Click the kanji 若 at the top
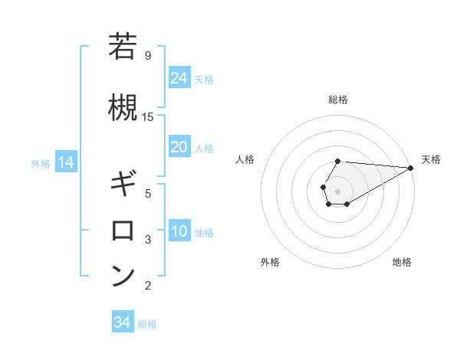[123, 47]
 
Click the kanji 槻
[123, 107]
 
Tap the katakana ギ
[123, 185]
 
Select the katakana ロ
[123, 231]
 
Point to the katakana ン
[123, 277]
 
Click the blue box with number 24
[179, 77]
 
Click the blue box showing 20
[179, 147]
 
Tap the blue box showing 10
[179, 231]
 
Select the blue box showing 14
[65, 162]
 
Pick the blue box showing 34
[122, 322]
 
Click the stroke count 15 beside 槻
[148, 116]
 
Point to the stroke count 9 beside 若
[147, 55]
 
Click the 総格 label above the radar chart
[337, 100]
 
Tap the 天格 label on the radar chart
[431, 159]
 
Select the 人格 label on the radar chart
[245, 159]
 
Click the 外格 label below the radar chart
[270, 262]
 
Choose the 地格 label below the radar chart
[402, 262]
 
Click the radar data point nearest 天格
[410, 168]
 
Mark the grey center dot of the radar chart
[337, 190]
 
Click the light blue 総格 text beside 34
[147, 324]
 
